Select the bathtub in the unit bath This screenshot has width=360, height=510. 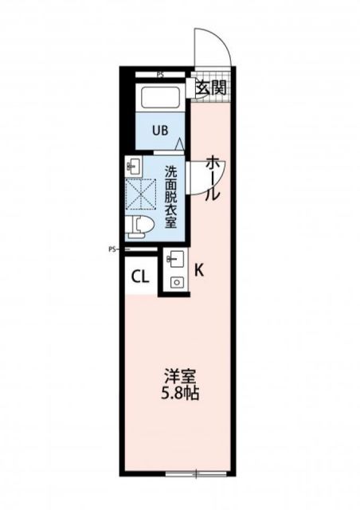pos(161,99)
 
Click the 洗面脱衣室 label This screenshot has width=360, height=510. pos(171,196)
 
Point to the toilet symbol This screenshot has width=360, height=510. pos(142,225)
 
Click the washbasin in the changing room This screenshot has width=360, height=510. pos(133,167)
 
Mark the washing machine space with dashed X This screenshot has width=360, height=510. pos(141,194)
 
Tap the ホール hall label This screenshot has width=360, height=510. pos(213,178)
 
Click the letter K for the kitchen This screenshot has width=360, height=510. pos(198,269)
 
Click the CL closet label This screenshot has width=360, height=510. pos(139,277)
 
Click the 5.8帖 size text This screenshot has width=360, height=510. pos(180,394)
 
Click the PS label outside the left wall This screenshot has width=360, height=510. pos(112,249)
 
